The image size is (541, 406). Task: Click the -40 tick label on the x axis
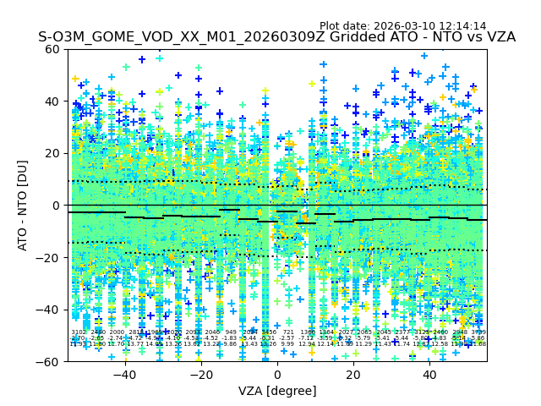(x=124, y=375)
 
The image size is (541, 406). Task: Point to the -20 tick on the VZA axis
(x=200, y=375)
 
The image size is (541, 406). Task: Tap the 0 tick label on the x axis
(x=277, y=375)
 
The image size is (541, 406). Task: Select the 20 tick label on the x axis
(x=353, y=375)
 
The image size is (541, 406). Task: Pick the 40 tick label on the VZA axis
(x=429, y=375)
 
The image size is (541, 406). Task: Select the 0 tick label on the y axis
(x=57, y=206)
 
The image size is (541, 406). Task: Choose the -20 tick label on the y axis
(x=51, y=257)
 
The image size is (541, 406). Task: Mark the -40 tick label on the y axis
(x=51, y=310)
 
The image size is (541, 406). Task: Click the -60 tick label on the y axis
(x=51, y=361)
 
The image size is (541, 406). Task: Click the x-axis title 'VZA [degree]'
(x=277, y=391)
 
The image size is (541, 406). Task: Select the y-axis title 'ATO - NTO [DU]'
(x=24, y=206)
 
